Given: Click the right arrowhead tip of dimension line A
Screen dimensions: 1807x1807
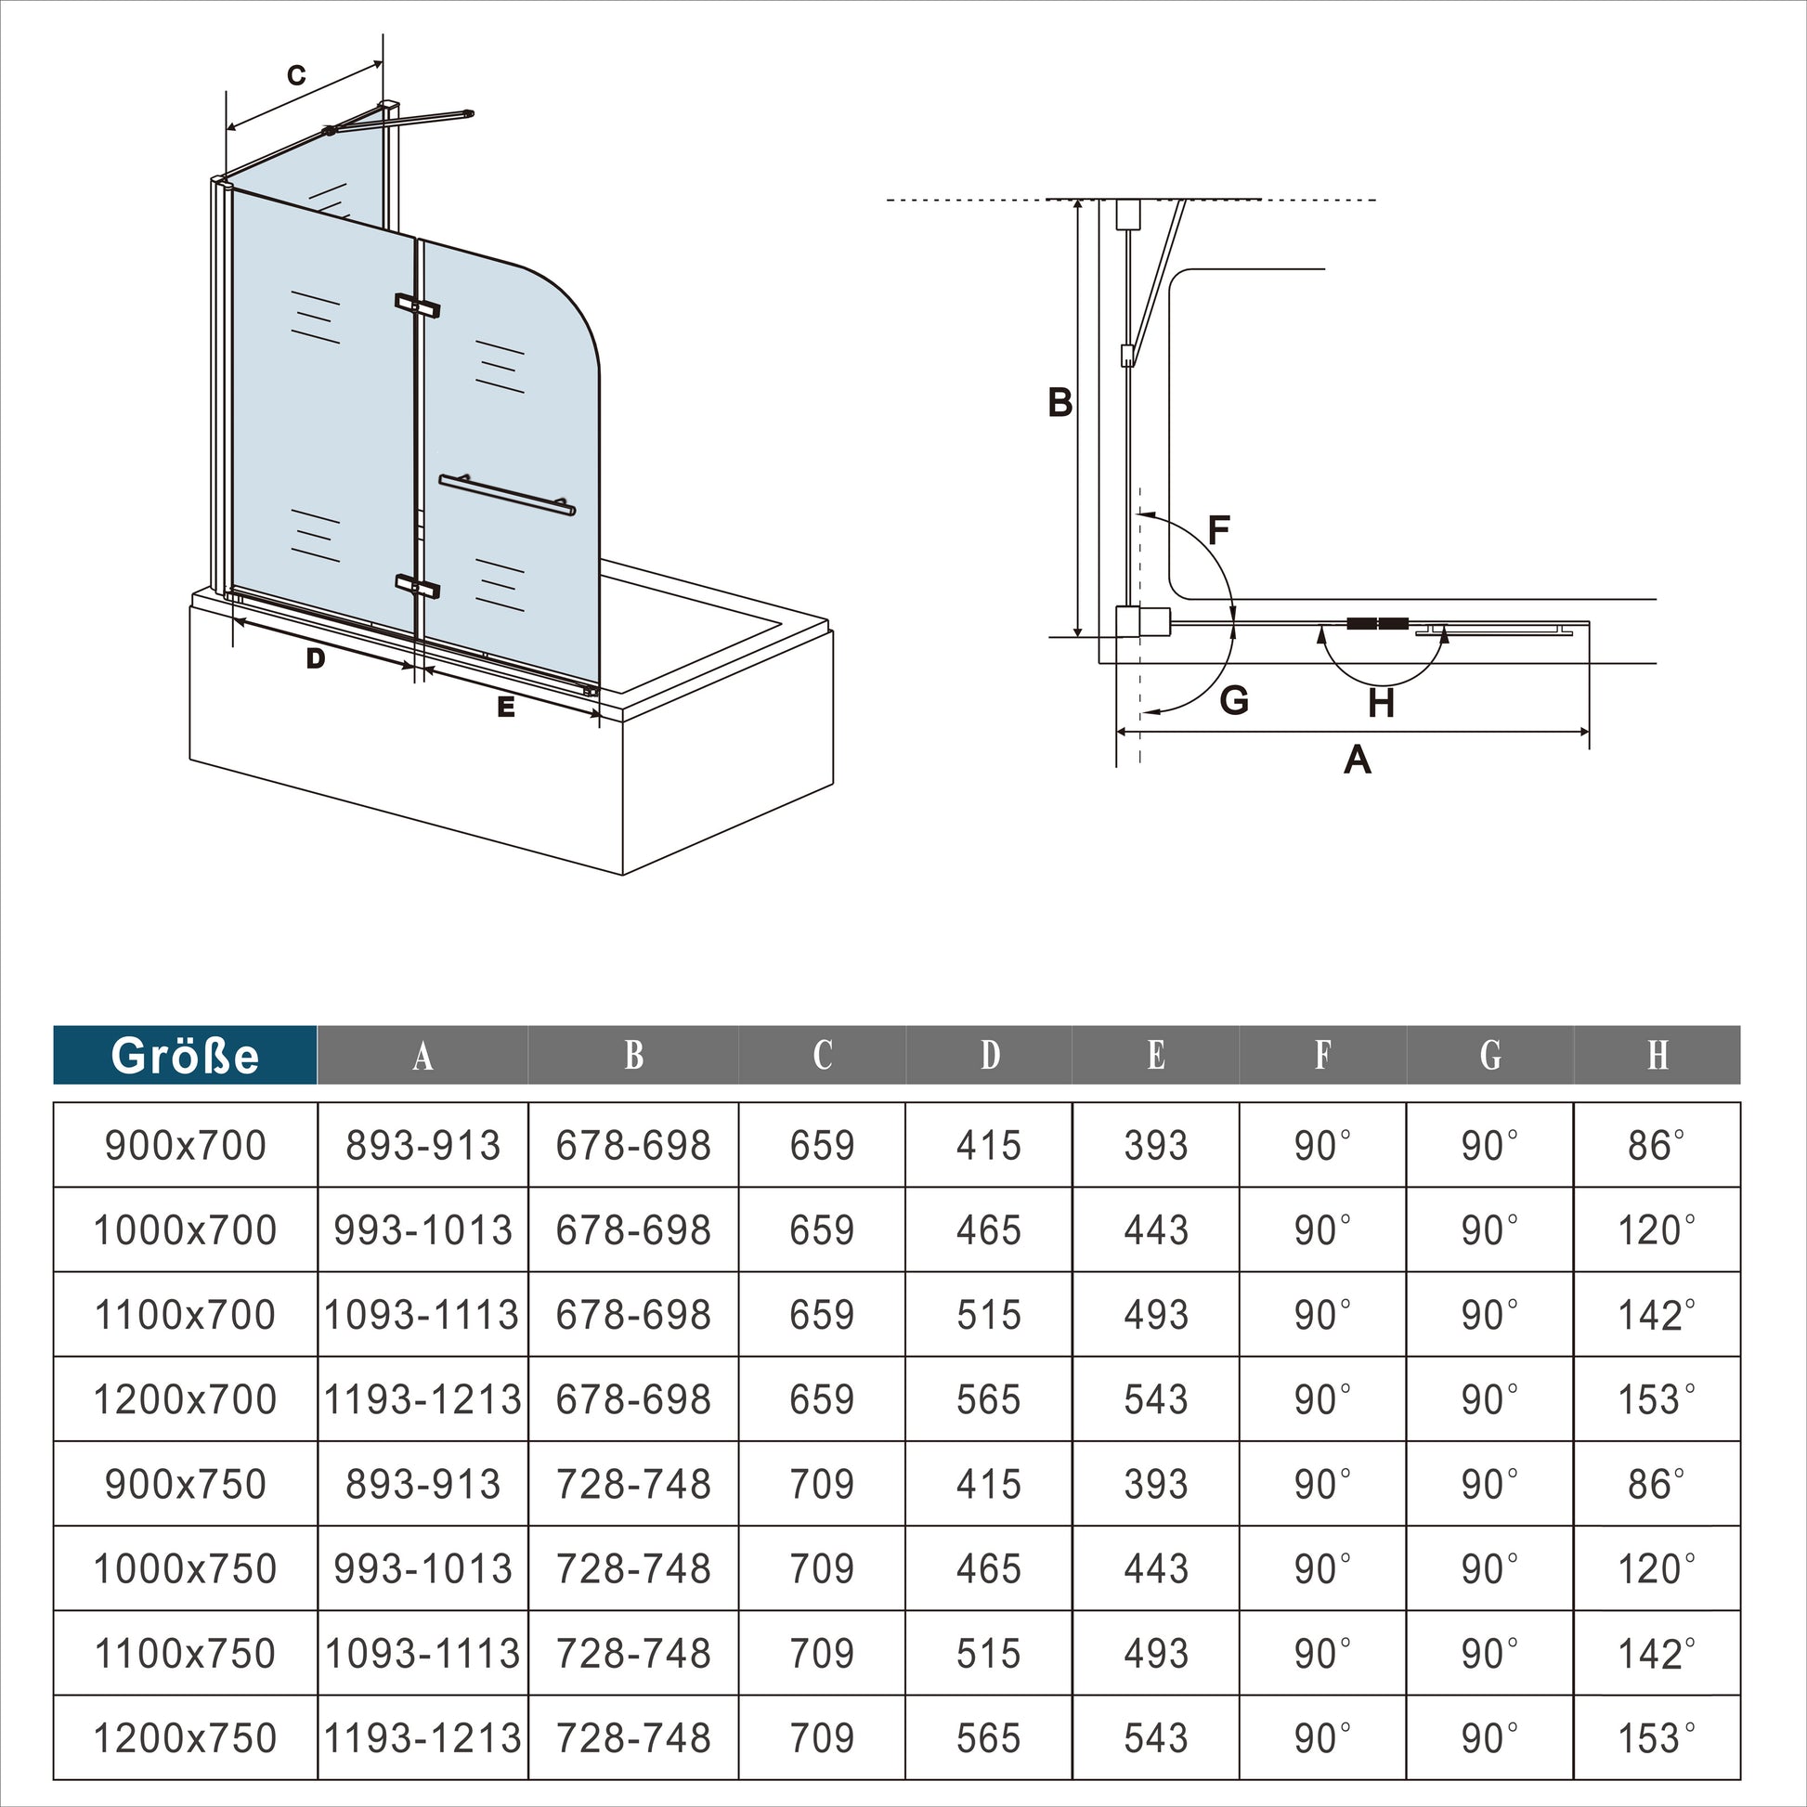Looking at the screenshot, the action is coord(1589,733).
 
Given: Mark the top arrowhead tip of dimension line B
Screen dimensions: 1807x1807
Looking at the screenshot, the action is coord(1077,201).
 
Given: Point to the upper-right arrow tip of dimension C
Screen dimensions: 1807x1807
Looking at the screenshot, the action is coord(383,62).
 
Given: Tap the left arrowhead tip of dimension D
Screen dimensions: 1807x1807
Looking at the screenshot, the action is coord(233,619).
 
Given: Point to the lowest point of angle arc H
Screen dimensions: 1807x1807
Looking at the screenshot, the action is coord(1383,685).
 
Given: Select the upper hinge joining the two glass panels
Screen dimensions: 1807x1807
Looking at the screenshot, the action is coord(417,305).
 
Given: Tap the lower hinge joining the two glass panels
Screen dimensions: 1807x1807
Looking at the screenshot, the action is coord(417,587).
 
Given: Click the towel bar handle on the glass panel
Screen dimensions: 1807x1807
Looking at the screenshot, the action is coord(507,495).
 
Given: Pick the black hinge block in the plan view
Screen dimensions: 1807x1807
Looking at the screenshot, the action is coord(1378,623).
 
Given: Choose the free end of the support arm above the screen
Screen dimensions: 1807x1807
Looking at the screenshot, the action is coord(470,114).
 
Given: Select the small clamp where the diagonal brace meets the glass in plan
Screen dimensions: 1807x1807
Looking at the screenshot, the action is coord(1127,355).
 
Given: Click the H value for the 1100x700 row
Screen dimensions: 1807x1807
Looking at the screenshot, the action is coord(1657,1315).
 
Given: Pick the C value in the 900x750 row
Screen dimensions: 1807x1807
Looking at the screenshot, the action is coord(822,1483).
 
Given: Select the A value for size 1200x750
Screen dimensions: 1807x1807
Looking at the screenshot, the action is coord(422,1737).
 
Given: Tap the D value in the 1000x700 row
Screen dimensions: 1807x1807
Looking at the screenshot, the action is coord(989,1230).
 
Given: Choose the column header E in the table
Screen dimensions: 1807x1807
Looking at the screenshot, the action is coord(1156,1055).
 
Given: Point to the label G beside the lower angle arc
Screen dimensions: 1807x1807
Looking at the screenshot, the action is coord(1234,699).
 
